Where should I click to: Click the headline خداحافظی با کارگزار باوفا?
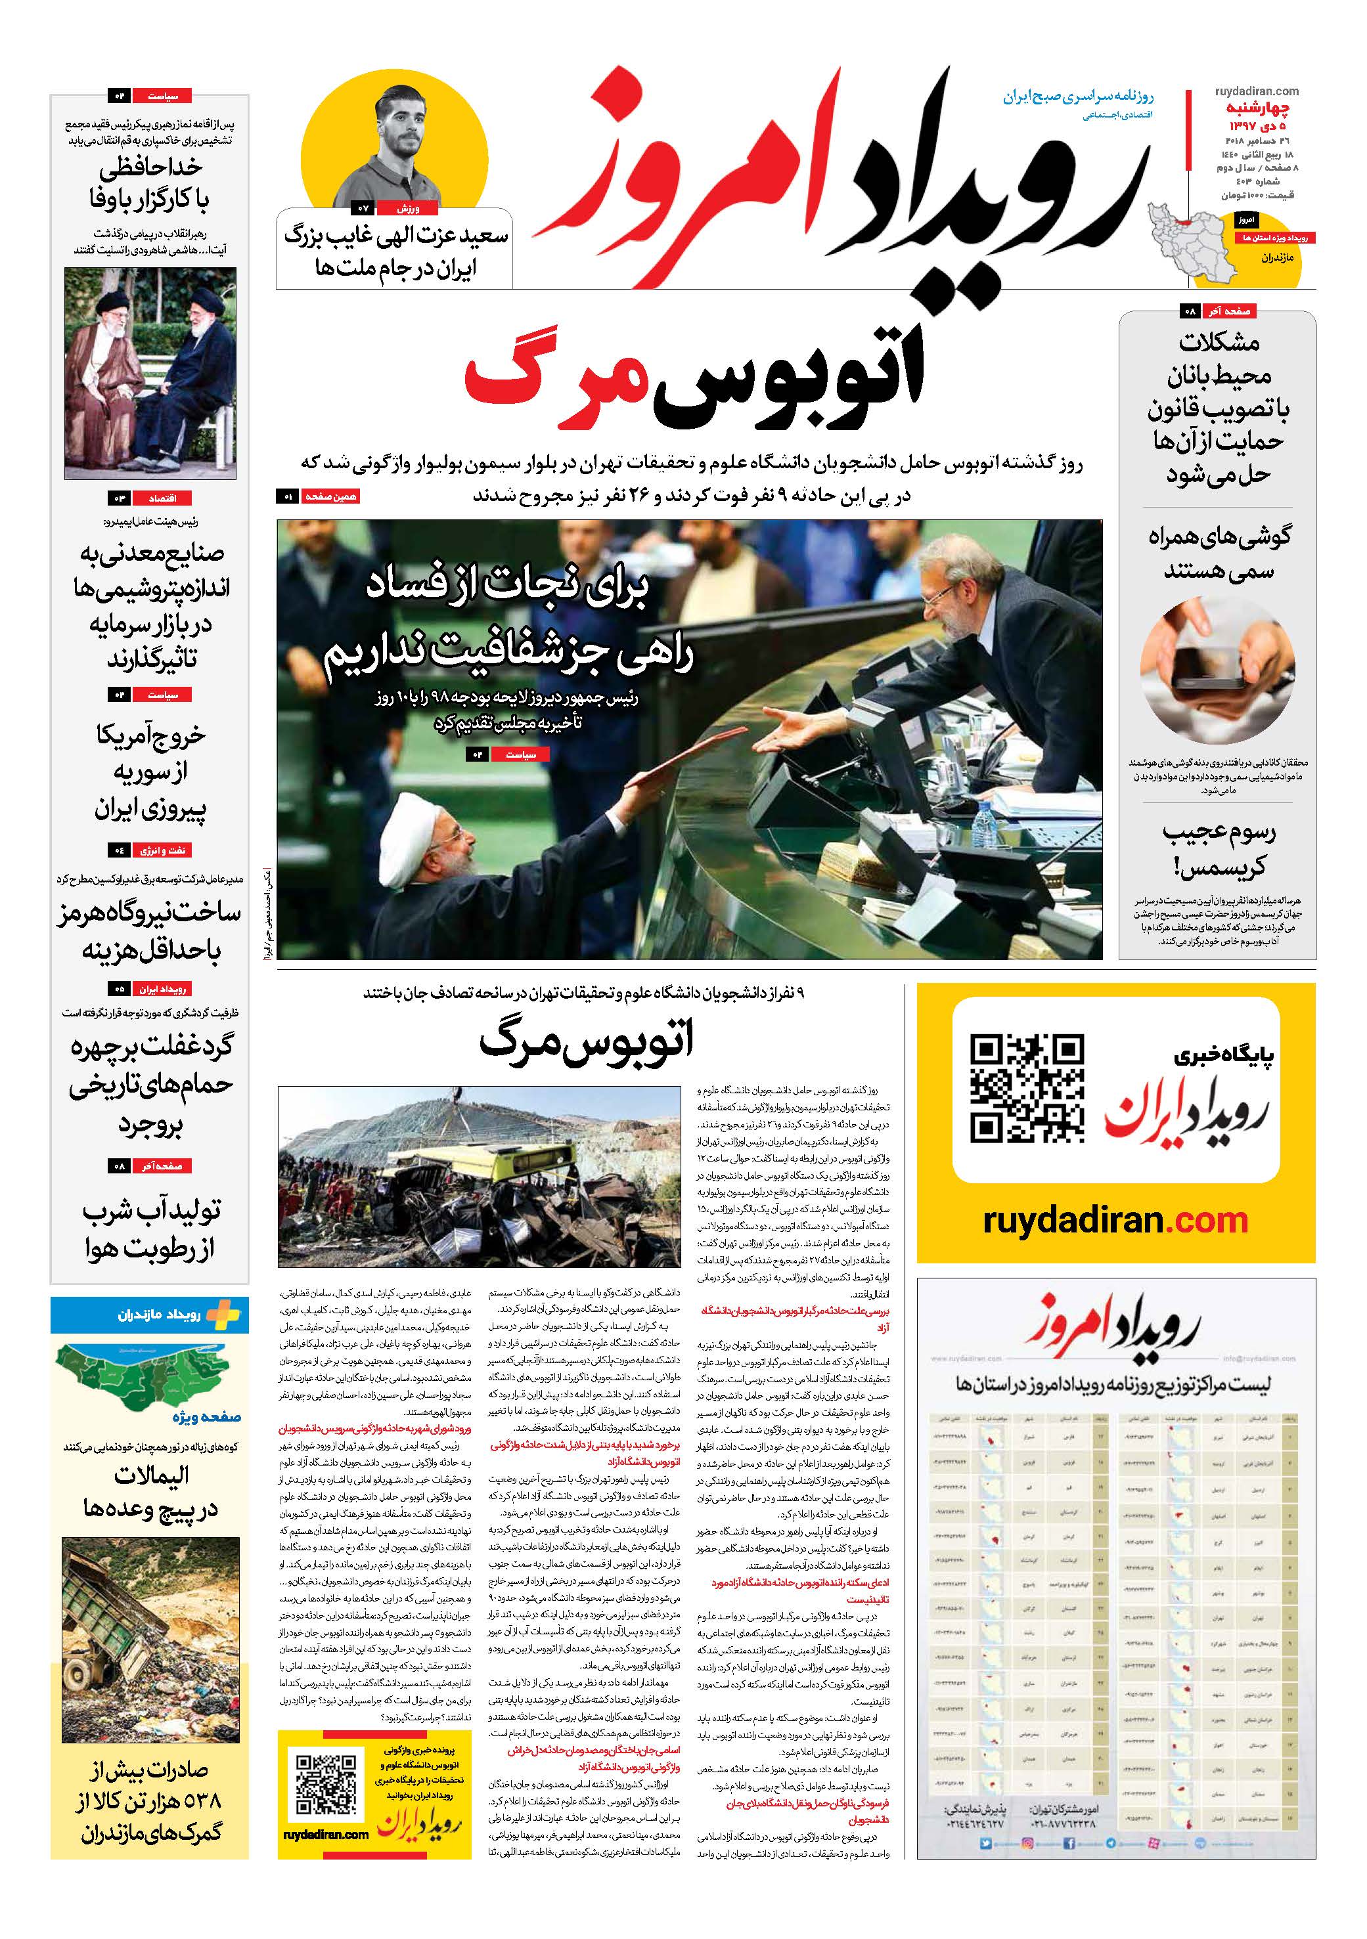coord(150,184)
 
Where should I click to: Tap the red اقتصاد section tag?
coord(162,498)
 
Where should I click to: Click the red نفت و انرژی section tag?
coord(162,850)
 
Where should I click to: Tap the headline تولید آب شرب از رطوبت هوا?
coord(150,1229)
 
